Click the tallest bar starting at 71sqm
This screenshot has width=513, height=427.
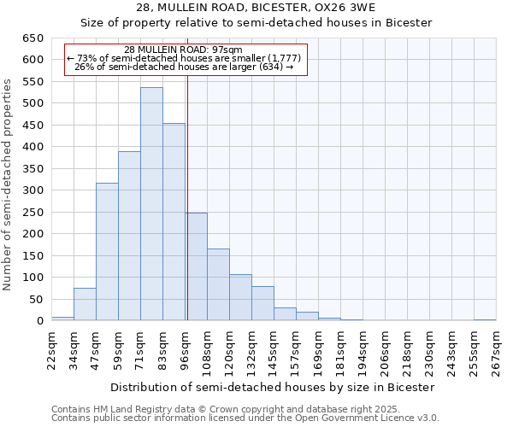point(151,205)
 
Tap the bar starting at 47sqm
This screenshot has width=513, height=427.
point(107,252)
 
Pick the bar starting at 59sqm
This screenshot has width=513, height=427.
point(129,237)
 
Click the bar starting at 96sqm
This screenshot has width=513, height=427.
point(196,266)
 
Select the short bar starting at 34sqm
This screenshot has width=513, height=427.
point(85,305)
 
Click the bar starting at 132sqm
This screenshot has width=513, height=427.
point(262,303)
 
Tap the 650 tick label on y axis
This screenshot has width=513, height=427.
point(32,38)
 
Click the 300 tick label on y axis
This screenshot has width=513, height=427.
point(32,190)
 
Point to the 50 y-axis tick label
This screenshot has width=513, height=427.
point(36,300)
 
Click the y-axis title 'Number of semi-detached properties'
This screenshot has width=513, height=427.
point(9,184)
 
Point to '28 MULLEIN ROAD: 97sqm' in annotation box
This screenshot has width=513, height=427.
point(183,50)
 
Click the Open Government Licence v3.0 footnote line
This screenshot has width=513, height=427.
point(245,418)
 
